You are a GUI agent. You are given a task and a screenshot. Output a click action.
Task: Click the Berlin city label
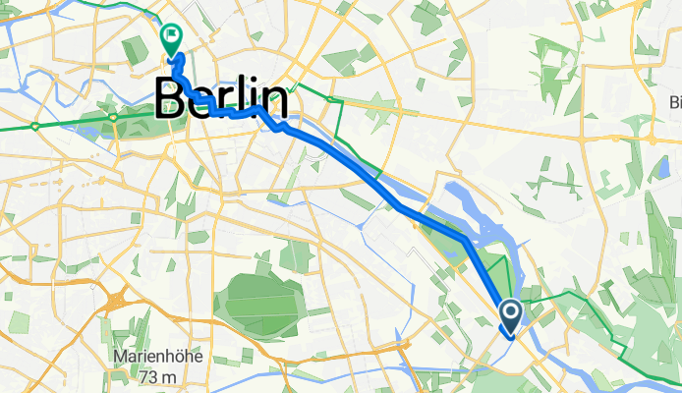(x=221, y=100)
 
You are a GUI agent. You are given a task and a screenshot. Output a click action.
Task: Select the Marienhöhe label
(x=156, y=357)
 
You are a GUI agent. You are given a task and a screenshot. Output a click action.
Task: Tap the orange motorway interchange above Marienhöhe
(x=124, y=298)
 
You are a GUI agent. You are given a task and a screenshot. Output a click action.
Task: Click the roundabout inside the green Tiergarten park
(x=114, y=117)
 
